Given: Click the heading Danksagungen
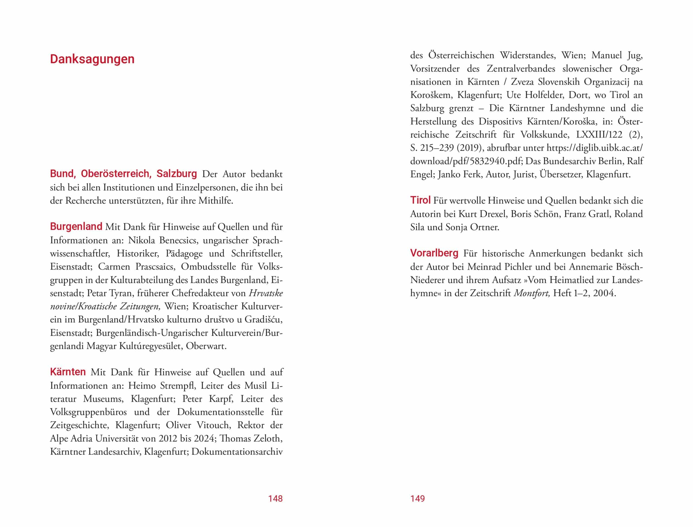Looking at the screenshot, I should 92,59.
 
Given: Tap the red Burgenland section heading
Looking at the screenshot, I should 76,227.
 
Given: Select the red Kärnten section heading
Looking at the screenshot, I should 68,372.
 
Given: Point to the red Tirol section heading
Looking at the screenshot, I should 420,200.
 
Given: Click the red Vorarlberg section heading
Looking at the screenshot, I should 434,253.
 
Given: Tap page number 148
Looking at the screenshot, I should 275,499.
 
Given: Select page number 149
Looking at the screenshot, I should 417,499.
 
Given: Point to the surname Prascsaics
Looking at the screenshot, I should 155,267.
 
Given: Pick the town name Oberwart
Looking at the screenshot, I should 206,346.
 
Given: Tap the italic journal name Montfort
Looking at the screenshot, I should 532,293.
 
